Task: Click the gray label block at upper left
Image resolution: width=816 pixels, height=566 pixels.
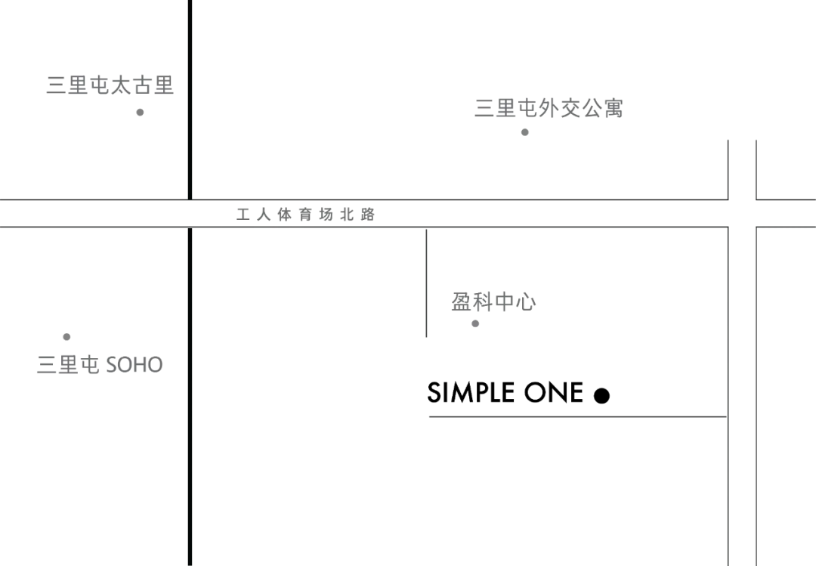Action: (109, 85)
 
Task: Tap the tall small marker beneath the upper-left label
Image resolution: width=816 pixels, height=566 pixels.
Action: (138, 112)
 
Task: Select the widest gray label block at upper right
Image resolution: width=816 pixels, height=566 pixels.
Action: (549, 109)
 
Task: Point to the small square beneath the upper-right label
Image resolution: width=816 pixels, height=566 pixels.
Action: (526, 133)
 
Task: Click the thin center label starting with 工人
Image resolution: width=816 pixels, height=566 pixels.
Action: (307, 215)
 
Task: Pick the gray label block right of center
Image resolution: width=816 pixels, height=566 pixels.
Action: (492, 303)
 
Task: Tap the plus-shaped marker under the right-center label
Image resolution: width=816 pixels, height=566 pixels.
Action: (476, 326)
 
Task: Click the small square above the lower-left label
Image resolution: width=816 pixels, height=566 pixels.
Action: (66, 339)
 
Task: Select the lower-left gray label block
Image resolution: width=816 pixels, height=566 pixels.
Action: (100, 363)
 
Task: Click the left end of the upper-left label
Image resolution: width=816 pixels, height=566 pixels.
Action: (46, 85)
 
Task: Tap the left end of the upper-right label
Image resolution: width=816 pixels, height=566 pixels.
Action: (475, 109)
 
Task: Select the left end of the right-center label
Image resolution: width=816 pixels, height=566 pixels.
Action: (450, 303)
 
